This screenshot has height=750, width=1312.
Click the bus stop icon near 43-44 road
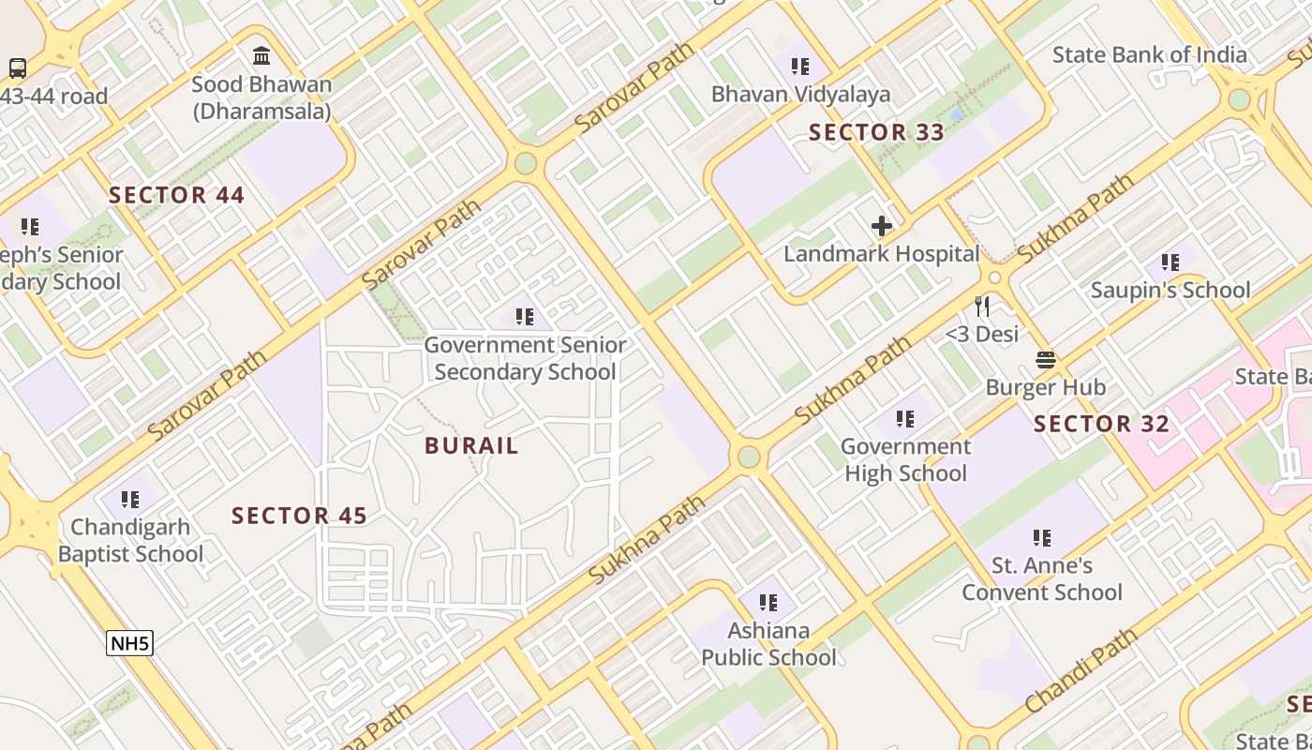[x=18, y=67]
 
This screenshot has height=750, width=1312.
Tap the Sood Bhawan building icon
[x=261, y=56]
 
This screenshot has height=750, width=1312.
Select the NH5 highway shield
[x=130, y=643]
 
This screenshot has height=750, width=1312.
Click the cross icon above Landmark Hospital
[x=881, y=226]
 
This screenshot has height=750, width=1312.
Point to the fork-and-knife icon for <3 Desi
[x=981, y=307]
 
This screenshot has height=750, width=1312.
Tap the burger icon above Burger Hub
[x=1046, y=359]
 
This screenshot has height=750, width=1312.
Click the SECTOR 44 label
[x=176, y=195]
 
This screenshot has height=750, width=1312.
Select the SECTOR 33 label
[x=876, y=132]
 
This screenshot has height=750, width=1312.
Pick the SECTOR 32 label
[x=1101, y=424]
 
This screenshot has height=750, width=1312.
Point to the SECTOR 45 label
[x=299, y=516]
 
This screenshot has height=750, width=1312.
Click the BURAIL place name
[x=471, y=445]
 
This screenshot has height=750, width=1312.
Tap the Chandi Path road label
[x=1080, y=671]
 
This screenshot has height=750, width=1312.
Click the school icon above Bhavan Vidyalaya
[x=799, y=67]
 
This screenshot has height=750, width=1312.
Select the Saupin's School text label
[x=1170, y=291]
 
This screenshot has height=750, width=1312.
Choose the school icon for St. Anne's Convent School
[x=1041, y=538]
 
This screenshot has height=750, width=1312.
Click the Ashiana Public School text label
[x=768, y=644]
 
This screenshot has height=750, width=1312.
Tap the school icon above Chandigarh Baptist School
[x=130, y=499]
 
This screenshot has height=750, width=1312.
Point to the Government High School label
[x=905, y=459]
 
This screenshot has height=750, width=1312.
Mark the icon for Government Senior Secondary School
[x=524, y=318]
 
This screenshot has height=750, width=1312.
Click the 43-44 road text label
[x=54, y=96]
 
